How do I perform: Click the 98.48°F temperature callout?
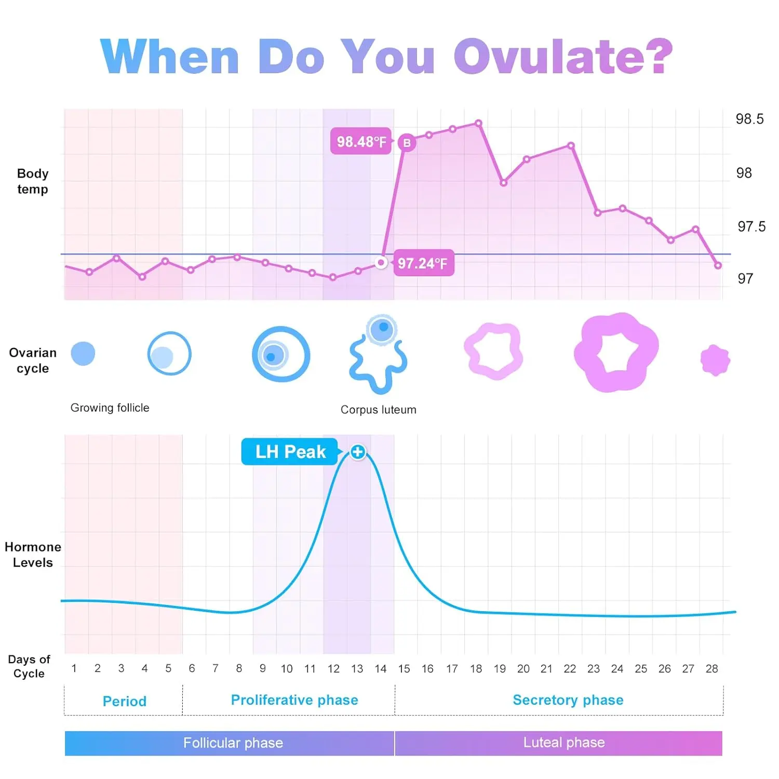pos(361,141)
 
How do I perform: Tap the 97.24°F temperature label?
pos(423,263)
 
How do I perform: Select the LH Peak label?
pos(290,452)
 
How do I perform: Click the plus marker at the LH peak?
pos(357,452)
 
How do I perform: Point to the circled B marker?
pos(407,143)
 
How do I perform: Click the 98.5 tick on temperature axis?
pos(749,119)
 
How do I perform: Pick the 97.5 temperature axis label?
pos(751,226)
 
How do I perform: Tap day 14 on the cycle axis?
pos(381,669)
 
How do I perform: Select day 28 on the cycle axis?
pos(711,669)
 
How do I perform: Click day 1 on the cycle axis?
pos(74,668)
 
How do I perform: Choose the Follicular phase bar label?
pos(233,743)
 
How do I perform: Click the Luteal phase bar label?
pos(564,743)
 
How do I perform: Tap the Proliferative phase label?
pos(294,700)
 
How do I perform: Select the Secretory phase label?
pos(568,700)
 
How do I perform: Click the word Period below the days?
pos(125,702)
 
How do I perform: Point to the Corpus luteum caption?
pos(378,410)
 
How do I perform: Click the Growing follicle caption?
pos(110,408)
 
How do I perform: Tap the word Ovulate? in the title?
pos(562,57)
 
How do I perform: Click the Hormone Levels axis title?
pos(32,555)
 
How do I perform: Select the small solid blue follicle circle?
pos(83,354)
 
